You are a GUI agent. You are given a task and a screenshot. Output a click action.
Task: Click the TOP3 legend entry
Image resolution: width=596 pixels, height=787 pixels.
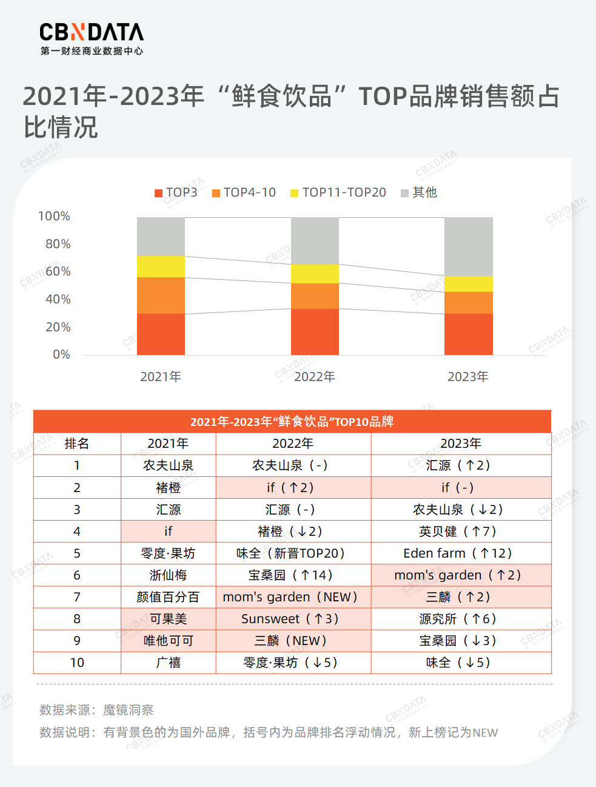(176, 192)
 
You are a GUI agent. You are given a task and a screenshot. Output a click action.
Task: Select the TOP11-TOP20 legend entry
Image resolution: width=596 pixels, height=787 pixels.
(338, 192)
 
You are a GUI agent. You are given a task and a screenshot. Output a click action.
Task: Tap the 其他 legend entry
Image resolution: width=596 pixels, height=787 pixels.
(419, 192)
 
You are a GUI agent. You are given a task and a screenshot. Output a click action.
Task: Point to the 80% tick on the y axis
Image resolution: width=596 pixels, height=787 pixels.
(55, 244)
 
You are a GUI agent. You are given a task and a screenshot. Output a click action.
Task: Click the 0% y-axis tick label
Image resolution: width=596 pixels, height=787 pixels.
(61, 354)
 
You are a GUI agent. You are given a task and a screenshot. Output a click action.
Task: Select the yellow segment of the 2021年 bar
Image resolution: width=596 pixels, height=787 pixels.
(161, 266)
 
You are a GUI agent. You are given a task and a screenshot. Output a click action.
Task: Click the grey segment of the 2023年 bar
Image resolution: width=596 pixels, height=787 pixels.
(468, 246)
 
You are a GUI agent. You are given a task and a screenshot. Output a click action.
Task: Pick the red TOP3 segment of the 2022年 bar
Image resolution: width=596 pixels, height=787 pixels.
(315, 331)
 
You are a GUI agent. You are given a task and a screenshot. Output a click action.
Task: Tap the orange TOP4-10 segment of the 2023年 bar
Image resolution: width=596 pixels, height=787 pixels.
(468, 303)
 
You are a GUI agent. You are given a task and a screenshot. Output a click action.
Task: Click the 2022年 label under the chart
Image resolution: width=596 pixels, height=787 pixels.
(315, 377)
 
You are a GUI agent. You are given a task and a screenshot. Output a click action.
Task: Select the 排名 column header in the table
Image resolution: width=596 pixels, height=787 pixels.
(77, 444)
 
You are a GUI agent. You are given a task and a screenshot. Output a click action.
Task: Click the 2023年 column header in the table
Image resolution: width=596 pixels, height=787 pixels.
(461, 444)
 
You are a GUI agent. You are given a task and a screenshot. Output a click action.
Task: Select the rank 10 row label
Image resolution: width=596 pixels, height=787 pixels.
(77, 663)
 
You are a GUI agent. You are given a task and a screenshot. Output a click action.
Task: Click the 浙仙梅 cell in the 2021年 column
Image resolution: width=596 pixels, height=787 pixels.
(168, 575)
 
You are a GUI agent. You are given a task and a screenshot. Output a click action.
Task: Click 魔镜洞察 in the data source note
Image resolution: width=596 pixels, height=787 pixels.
(128, 710)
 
